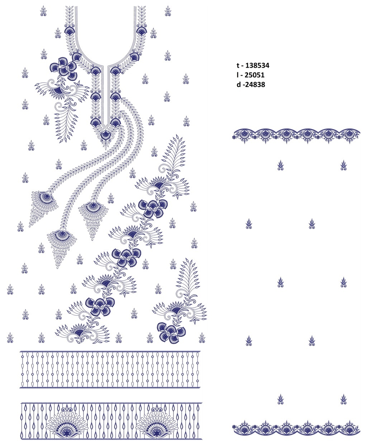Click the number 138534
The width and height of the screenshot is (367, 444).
(x=257, y=65)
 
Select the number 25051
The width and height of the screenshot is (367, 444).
(x=254, y=75)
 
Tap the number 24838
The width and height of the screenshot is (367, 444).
(x=254, y=84)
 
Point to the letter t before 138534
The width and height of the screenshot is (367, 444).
(x=238, y=65)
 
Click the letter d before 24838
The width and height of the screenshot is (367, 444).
(x=239, y=84)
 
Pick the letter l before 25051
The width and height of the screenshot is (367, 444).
(x=238, y=75)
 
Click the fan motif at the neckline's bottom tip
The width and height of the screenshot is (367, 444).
(x=105, y=135)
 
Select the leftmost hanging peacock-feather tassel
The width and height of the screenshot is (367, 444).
(x=43, y=207)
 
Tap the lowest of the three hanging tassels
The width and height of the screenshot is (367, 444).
(x=62, y=247)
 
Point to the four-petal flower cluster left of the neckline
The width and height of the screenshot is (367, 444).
(x=63, y=69)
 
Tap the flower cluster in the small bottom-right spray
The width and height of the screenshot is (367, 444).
(x=171, y=332)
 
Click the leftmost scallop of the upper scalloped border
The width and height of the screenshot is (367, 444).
(x=244, y=135)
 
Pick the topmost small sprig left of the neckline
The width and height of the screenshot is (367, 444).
(x=43, y=11)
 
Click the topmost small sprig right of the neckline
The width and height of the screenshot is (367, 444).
(x=168, y=11)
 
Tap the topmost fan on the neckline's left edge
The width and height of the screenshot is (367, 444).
(x=69, y=30)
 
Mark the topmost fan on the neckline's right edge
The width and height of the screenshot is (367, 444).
(x=142, y=30)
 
